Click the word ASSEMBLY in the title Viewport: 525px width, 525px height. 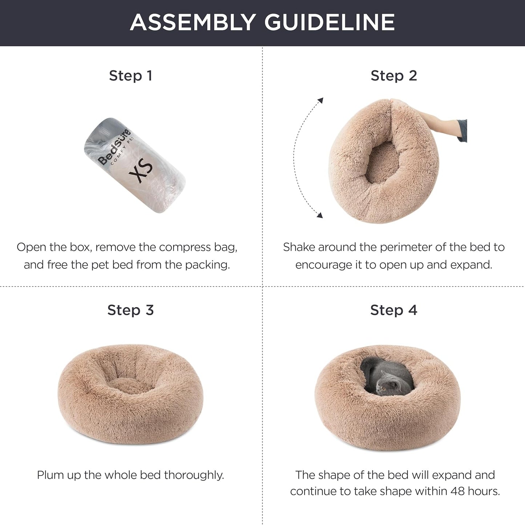click(193, 22)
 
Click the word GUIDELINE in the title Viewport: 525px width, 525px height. click(329, 22)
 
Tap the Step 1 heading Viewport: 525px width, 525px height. click(130, 76)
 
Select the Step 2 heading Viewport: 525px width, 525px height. click(393, 76)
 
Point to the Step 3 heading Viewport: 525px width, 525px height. click(130, 310)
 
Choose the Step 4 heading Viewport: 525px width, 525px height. click(393, 310)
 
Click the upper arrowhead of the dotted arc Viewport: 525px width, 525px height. click(320, 100)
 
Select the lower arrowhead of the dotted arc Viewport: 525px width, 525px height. click(319, 215)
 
